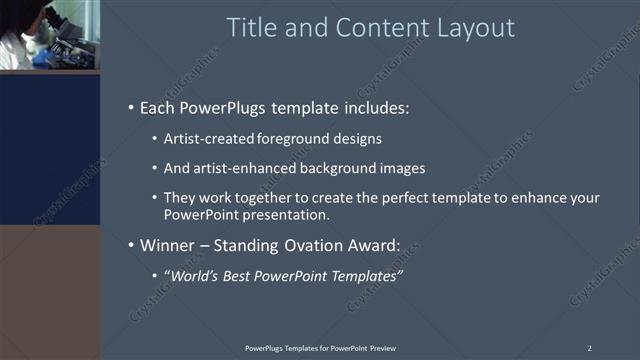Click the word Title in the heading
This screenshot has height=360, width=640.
pyautogui.click(x=252, y=28)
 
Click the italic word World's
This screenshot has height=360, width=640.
pyautogui.click(x=192, y=275)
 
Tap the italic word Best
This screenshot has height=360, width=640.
pyautogui.click(x=240, y=275)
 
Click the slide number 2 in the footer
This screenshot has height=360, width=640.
pyautogui.click(x=590, y=347)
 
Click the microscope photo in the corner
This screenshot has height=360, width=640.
pyautogui.click(x=49, y=35)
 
